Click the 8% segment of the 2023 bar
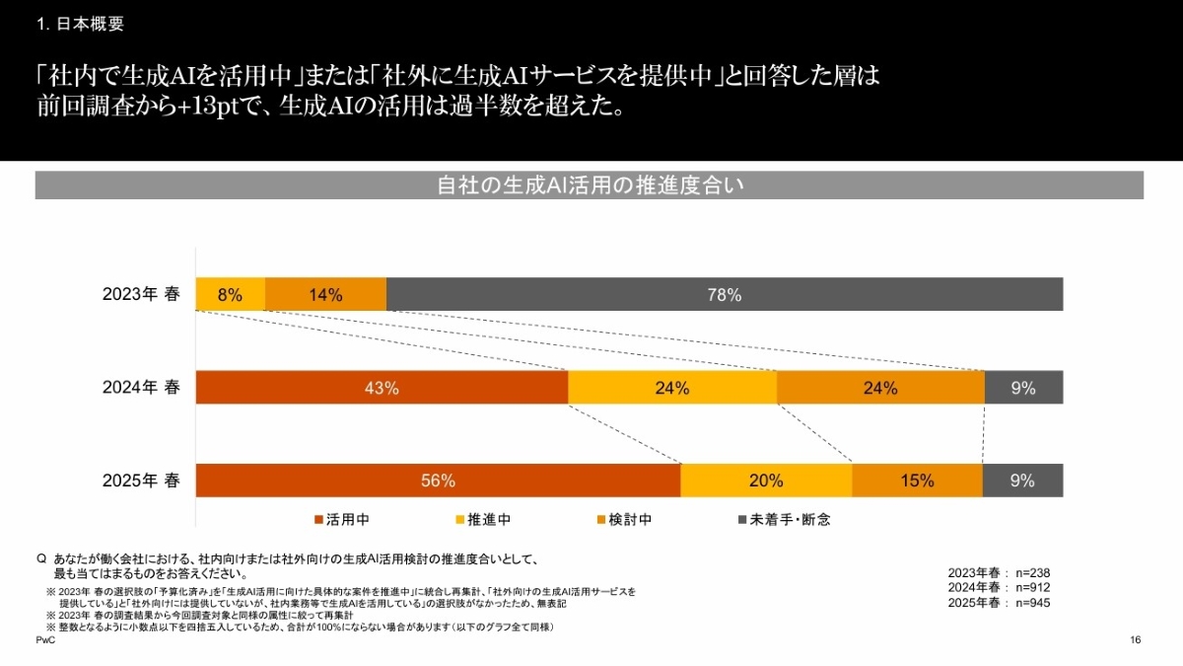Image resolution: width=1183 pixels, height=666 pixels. click(230, 294)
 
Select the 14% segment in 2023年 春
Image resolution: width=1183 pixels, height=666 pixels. click(325, 294)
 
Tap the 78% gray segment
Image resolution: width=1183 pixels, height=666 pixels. click(725, 294)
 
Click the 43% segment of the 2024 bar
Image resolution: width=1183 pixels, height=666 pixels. click(382, 388)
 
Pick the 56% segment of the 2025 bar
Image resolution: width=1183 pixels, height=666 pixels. click(438, 481)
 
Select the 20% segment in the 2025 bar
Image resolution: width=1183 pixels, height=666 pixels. click(766, 481)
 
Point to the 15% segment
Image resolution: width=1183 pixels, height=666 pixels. click(917, 481)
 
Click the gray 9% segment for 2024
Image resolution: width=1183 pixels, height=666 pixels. click(1023, 388)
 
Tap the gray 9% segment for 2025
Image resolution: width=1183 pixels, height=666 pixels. click(1022, 481)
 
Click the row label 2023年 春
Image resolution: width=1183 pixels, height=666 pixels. click(141, 294)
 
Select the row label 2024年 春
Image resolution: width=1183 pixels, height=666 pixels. click(141, 388)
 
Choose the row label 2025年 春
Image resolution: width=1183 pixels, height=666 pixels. click(141, 481)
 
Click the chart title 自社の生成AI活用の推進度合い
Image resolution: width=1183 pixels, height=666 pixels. click(589, 185)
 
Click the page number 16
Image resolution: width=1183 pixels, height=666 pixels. click(1135, 641)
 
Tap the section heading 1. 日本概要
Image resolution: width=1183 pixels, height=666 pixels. click(81, 25)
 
